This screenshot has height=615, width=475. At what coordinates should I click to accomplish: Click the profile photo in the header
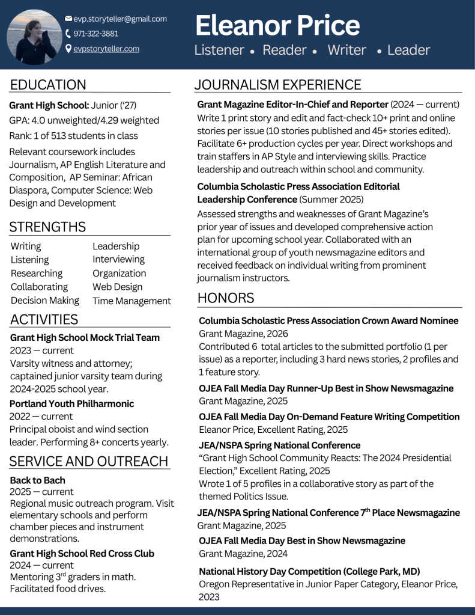click(x=34, y=36)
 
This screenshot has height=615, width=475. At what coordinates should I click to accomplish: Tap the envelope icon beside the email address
click(x=68, y=19)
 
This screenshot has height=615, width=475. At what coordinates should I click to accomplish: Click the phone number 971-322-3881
click(x=95, y=34)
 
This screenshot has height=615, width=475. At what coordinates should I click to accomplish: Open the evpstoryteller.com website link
click(x=106, y=49)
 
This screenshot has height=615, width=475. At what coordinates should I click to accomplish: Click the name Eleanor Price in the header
click(x=277, y=25)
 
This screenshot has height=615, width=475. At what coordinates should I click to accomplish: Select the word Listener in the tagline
click(x=219, y=50)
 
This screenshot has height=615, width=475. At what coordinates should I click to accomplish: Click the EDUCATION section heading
click(x=48, y=85)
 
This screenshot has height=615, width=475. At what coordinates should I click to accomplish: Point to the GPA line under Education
click(x=84, y=120)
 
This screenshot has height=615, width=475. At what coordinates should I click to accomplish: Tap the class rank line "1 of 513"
click(x=73, y=136)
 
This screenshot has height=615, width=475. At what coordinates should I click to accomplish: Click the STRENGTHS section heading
click(x=48, y=227)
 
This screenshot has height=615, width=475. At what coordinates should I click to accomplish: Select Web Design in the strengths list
click(x=117, y=287)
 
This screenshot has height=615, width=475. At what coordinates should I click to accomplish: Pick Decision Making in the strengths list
click(x=45, y=300)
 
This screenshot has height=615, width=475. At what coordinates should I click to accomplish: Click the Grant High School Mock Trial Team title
click(x=85, y=338)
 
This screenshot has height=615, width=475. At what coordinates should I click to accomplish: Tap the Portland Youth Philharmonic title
click(x=72, y=403)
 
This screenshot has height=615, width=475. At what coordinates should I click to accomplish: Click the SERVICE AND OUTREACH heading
click(x=89, y=462)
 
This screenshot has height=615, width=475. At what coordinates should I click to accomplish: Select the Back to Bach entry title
click(x=38, y=480)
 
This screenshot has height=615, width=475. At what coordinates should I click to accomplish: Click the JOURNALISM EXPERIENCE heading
click(x=277, y=85)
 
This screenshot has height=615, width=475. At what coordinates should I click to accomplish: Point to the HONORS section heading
click(x=226, y=298)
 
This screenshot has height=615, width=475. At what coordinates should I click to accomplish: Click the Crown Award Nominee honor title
click(x=328, y=321)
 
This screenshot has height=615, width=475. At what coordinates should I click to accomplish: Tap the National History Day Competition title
click(x=309, y=571)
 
